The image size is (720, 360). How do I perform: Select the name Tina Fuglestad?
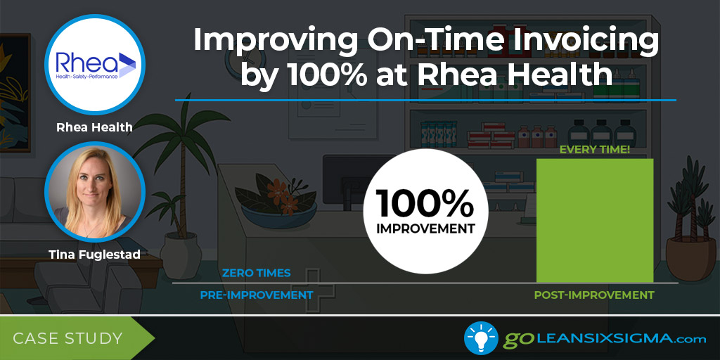[x=95, y=255]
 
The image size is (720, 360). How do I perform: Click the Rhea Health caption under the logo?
[x=95, y=127]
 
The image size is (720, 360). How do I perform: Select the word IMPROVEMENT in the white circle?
[x=425, y=229]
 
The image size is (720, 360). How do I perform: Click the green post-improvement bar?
[x=595, y=220]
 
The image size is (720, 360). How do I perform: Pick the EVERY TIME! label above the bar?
[x=595, y=150]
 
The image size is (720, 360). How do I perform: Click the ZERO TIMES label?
[x=256, y=273]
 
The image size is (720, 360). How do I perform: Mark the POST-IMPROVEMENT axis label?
[x=594, y=295]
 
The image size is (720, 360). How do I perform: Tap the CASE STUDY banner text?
[x=67, y=338]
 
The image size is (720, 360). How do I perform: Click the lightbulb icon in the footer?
[x=481, y=338]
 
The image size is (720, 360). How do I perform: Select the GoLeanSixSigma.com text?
[x=605, y=339]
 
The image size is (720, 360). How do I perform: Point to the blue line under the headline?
[x=425, y=100]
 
